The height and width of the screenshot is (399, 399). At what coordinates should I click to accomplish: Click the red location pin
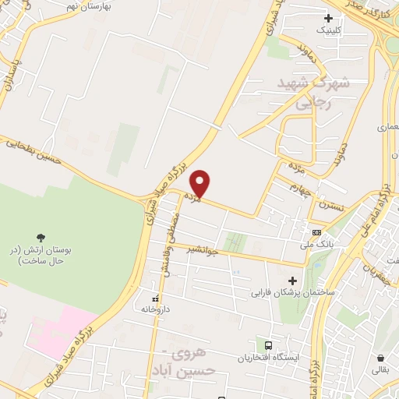201,182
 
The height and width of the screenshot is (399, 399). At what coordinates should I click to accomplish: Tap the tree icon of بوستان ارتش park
41,237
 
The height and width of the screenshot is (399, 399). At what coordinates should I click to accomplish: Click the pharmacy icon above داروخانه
156,298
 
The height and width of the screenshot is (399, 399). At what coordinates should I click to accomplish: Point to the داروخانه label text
155,309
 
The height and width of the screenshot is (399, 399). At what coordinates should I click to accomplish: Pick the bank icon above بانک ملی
316,232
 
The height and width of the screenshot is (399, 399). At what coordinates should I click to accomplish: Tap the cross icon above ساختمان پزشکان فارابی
293,281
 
